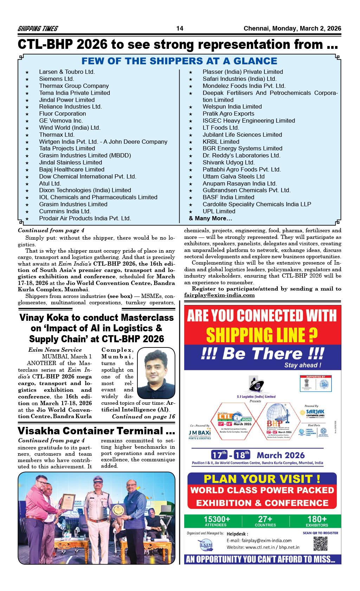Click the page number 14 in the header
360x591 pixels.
(x=180, y=29)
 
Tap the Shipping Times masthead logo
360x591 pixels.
(x=38, y=29)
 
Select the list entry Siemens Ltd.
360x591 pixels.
(x=56, y=79)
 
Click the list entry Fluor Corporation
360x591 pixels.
(x=62, y=113)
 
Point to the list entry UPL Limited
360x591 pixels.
(x=219, y=211)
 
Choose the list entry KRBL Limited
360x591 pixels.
(x=221, y=142)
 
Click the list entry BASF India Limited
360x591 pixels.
(x=228, y=197)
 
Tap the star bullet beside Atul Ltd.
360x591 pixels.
(x=27, y=184)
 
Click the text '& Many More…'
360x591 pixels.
(x=210, y=218)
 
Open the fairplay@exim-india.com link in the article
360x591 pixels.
(x=219, y=295)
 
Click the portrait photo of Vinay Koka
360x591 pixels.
(x=156, y=373)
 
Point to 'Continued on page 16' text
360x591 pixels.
(x=143, y=416)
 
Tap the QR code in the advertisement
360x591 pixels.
(x=320, y=543)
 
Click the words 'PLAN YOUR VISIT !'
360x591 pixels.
(x=262, y=479)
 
